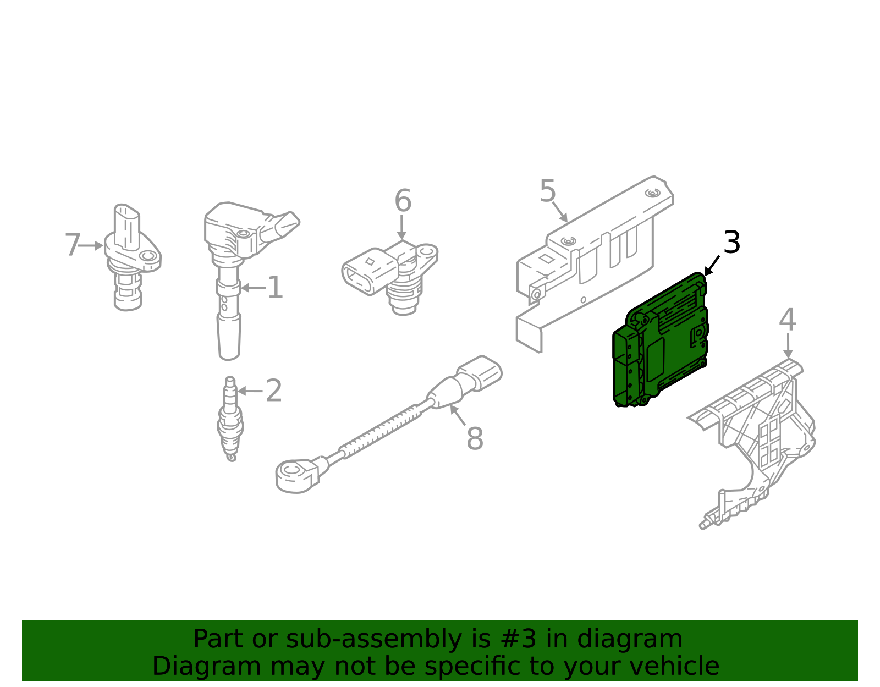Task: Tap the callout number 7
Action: coord(73,245)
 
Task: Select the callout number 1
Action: coord(276,288)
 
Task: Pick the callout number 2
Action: coord(274,391)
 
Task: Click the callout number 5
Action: coord(547,191)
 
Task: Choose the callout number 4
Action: coord(787,320)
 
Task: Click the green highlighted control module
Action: coord(660,340)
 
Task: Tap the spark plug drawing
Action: coord(230,419)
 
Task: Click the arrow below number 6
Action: coord(402,228)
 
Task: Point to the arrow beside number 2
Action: coord(250,391)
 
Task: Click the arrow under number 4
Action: coord(788,346)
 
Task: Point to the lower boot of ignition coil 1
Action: coord(229,337)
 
